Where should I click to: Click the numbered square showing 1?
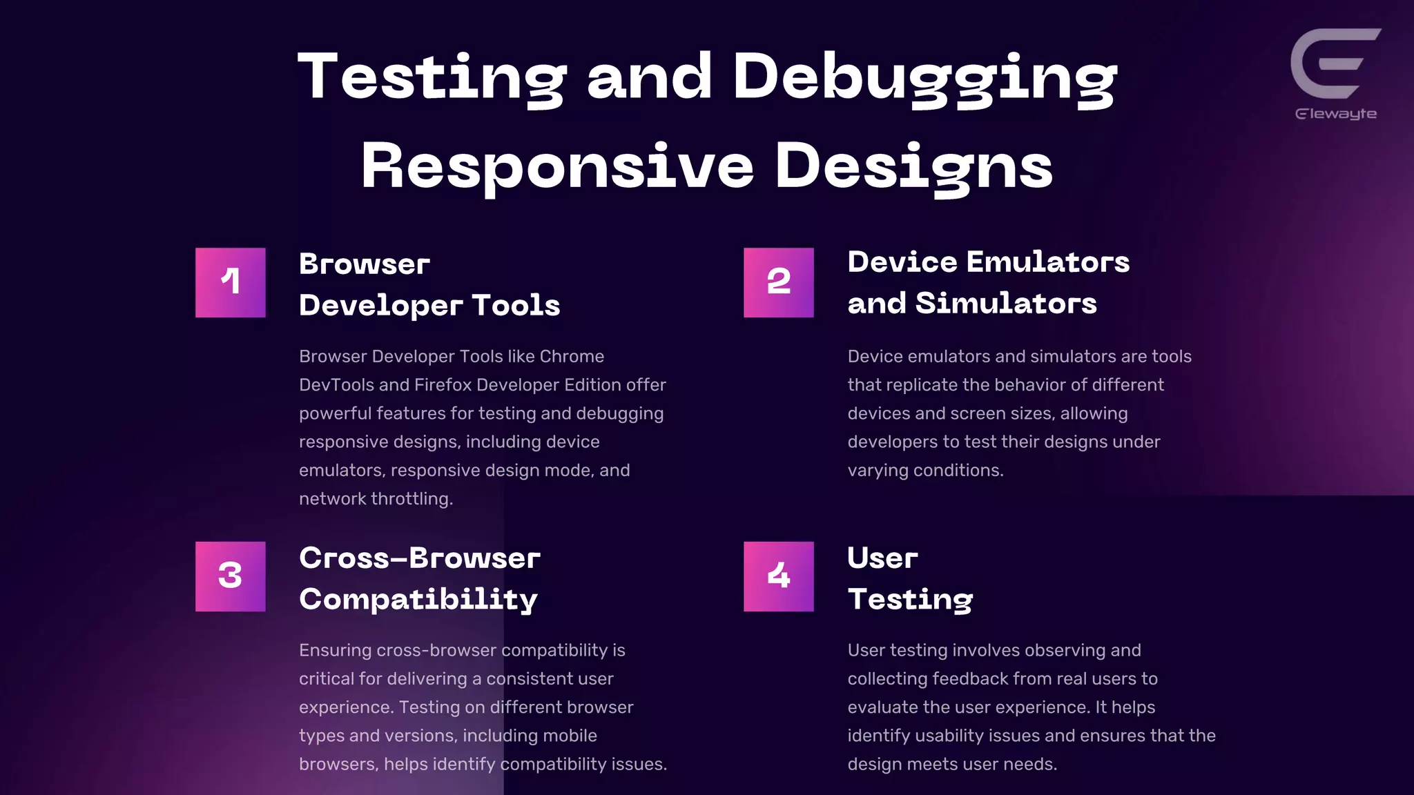point(230,282)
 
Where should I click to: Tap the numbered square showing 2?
point(778,282)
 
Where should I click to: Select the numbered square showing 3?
point(230,576)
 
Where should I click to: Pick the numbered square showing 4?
point(778,576)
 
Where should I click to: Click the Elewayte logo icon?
point(1334,63)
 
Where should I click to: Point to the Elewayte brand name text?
point(1335,114)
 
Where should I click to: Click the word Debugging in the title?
point(924,77)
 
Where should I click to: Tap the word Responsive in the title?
point(557,166)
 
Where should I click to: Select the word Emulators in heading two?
point(1047,262)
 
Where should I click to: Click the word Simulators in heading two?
point(1006,304)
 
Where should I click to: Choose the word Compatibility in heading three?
point(418,599)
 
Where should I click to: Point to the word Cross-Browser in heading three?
point(419,558)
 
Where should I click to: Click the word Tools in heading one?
point(516,305)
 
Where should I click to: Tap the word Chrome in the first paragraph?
point(572,356)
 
